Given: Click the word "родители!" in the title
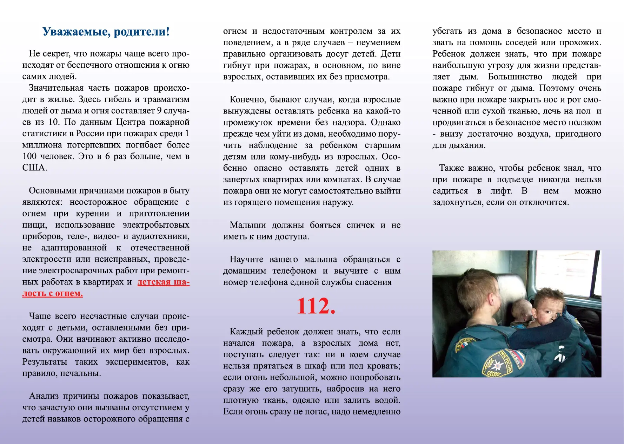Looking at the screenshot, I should (142, 32).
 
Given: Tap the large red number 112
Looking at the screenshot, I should (316, 306).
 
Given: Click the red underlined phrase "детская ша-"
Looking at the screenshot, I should (163, 282).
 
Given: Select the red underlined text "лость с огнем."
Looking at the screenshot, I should (53, 293).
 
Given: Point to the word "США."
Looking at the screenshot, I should (34, 168).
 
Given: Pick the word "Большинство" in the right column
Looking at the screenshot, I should (515, 77).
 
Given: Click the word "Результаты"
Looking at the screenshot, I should (45, 362).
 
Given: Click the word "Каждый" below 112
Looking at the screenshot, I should (246, 332).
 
